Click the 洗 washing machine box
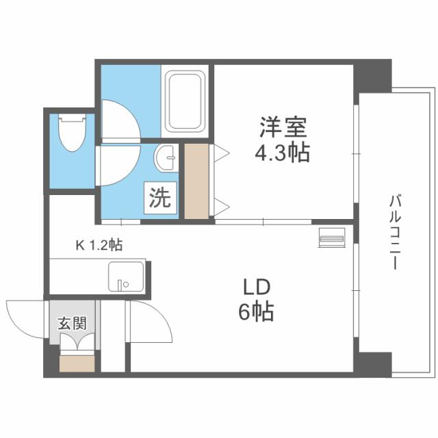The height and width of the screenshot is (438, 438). click(159, 198)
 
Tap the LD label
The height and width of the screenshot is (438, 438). click(255, 286)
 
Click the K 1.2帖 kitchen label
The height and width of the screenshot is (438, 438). click(99, 244)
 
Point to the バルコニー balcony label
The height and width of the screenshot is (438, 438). click(394, 233)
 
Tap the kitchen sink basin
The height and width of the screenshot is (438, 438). click(125, 278)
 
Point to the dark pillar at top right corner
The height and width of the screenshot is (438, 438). click(373, 75)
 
